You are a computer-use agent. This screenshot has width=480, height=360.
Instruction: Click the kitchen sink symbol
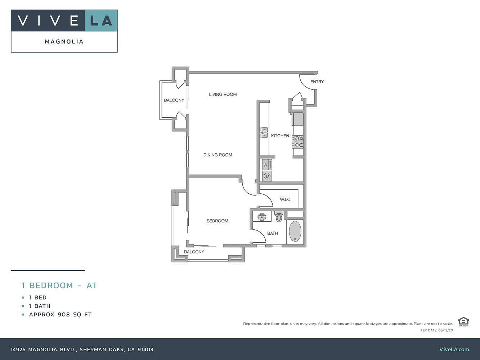click(x=264, y=132)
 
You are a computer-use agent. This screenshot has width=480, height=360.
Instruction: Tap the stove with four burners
click(x=298, y=141)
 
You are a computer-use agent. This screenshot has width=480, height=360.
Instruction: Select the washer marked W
click(x=267, y=165)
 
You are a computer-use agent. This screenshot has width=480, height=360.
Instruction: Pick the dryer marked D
click(x=267, y=176)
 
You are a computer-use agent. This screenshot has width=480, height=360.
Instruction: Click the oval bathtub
click(x=295, y=231)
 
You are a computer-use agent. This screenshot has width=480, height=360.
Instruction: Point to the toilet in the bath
click(x=279, y=216)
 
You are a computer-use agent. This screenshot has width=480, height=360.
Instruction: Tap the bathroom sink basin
click(x=261, y=217)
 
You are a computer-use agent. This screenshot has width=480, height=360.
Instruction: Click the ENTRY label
click(x=317, y=82)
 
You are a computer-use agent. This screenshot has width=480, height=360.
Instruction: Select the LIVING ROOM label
click(x=223, y=94)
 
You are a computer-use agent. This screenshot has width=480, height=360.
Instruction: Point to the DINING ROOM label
click(x=217, y=155)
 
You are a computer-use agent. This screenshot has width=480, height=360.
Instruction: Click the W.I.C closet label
click(x=285, y=199)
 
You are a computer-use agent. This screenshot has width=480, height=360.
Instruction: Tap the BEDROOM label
click(x=217, y=221)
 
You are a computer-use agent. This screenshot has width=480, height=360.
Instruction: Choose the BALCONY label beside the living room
click(x=174, y=100)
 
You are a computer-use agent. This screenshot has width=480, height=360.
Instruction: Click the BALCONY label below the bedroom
click(x=194, y=252)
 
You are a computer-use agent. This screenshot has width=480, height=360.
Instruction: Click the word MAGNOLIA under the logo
click(x=64, y=41)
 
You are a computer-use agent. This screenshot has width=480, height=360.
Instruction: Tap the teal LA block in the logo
click(x=101, y=21)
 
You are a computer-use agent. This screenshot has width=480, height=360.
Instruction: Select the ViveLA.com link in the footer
click(x=454, y=350)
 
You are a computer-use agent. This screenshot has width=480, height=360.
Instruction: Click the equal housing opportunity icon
click(x=463, y=322)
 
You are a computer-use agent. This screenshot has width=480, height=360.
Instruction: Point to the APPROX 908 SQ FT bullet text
click(x=60, y=315)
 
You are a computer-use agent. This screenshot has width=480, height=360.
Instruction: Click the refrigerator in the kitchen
click(x=298, y=119)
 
